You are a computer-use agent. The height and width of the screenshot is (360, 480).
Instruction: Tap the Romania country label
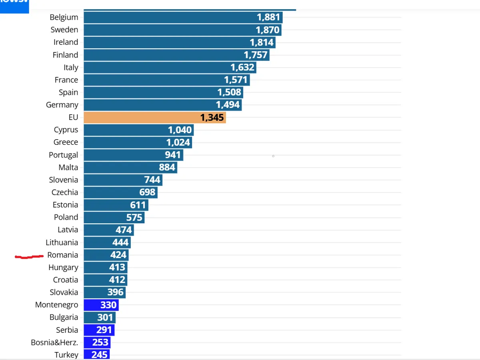click(x=62, y=255)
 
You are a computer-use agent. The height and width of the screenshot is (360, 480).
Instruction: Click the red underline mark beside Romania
click(x=29, y=256)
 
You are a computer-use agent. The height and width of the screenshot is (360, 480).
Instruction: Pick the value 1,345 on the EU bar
click(x=212, y=117)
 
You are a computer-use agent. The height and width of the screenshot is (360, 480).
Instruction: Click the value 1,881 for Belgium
click(x=268, y=17)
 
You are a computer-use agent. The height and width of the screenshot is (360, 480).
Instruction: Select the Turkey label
click(x=66, y=355)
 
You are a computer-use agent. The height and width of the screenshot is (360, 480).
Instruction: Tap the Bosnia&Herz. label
click(x=54, y=342)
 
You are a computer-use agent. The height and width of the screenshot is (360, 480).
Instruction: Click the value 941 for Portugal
click(x=173, y=155)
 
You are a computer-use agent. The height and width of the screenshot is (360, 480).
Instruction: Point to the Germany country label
click(x=62, y=105)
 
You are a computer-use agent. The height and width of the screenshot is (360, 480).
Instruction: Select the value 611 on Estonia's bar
click(x=138, y=205)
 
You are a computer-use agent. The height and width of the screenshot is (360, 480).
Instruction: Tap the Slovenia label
click(x=64, y=180)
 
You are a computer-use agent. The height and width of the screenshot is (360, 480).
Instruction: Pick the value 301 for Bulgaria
click(x=105, y=317)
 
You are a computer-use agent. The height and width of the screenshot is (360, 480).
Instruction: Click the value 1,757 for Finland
click(x=256, y=55)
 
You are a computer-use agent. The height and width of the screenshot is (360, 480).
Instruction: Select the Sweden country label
click(x=64, y=30)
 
